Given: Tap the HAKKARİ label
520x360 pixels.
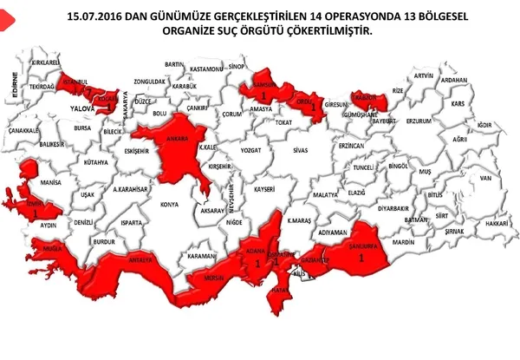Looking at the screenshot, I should point(496,223).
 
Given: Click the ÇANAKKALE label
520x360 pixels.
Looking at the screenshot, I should point(24,130).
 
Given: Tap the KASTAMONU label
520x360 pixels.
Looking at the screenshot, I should point(208,67).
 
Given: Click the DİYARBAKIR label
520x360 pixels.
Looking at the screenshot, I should point(393,209).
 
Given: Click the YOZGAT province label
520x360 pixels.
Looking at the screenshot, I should point(250,149).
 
